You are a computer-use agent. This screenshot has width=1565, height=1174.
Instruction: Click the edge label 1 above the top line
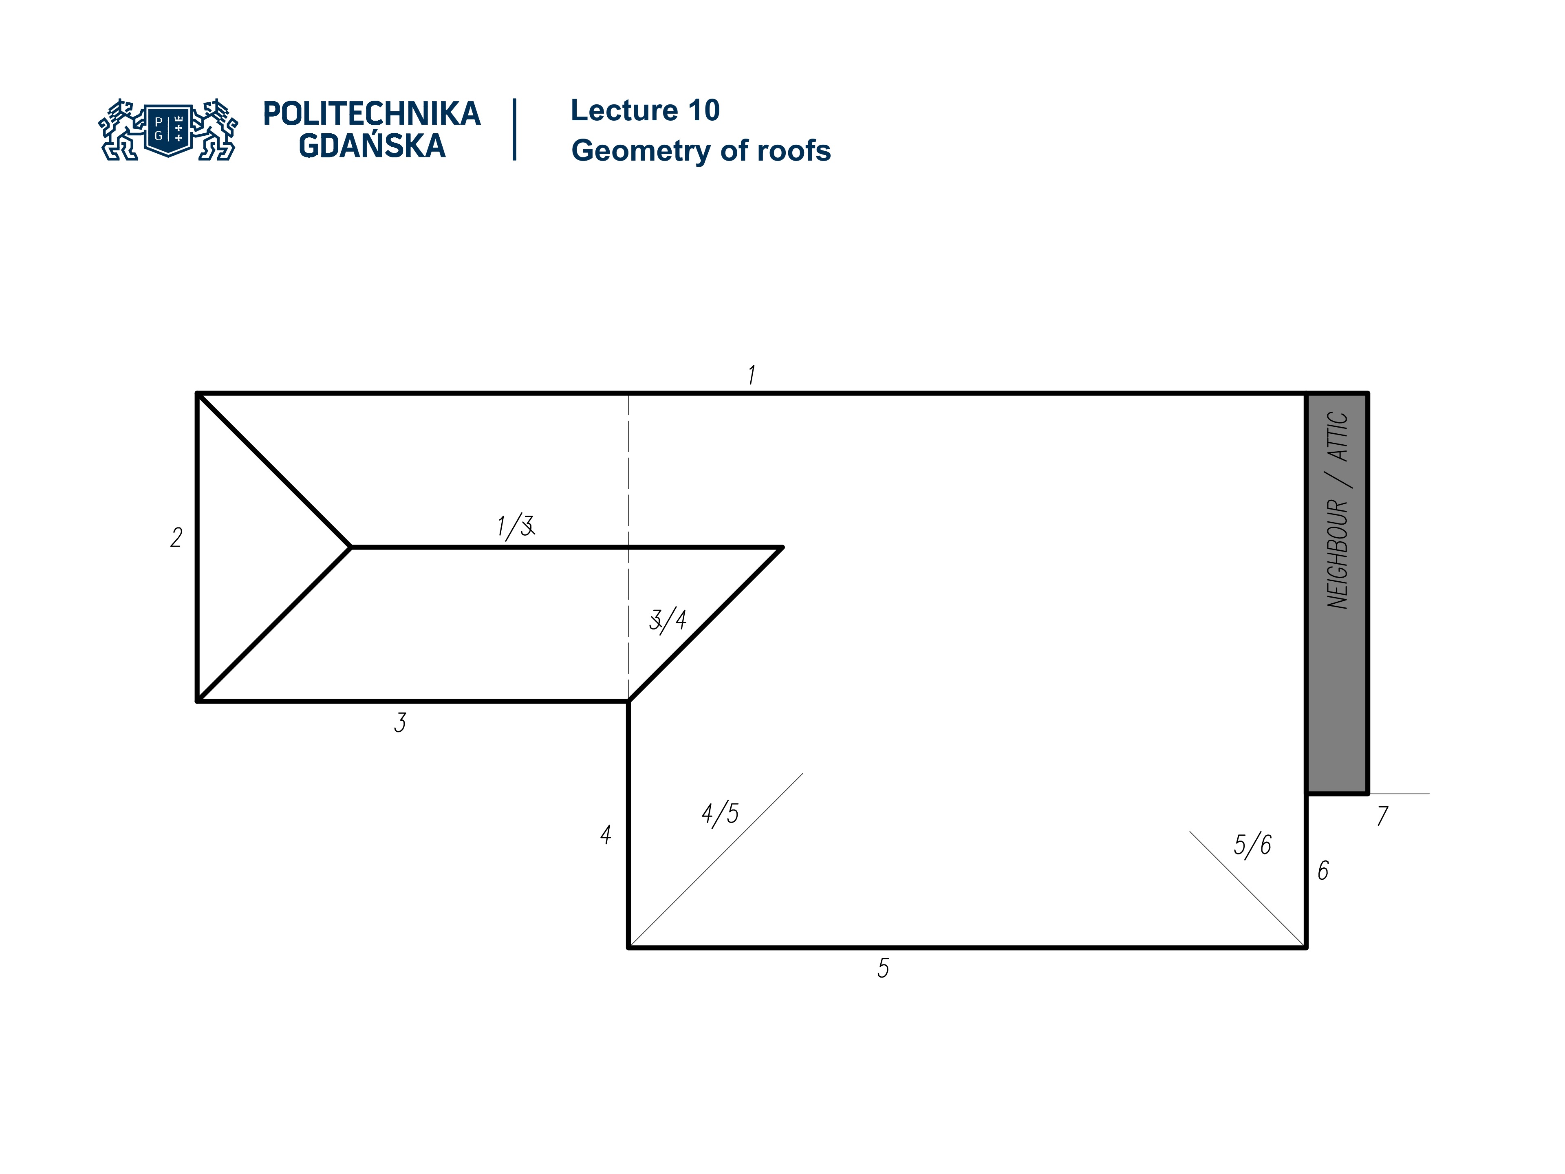752,375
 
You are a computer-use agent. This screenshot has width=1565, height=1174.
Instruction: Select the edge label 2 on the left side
176,538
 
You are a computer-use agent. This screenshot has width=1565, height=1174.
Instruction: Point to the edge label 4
606,835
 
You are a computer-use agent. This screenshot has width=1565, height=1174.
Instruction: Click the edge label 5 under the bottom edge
883,968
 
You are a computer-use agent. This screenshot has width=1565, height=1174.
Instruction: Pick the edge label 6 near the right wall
1323,870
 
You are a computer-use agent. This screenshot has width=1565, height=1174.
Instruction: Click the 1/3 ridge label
515,527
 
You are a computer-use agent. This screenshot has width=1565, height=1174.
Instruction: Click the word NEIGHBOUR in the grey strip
1337,554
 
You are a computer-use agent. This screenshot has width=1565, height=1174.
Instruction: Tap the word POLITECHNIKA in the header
371,114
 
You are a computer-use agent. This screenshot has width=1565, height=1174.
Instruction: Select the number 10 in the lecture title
703,110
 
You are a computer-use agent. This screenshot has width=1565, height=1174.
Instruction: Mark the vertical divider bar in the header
514,130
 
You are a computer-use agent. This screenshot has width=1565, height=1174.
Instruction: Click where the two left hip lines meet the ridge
351,547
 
